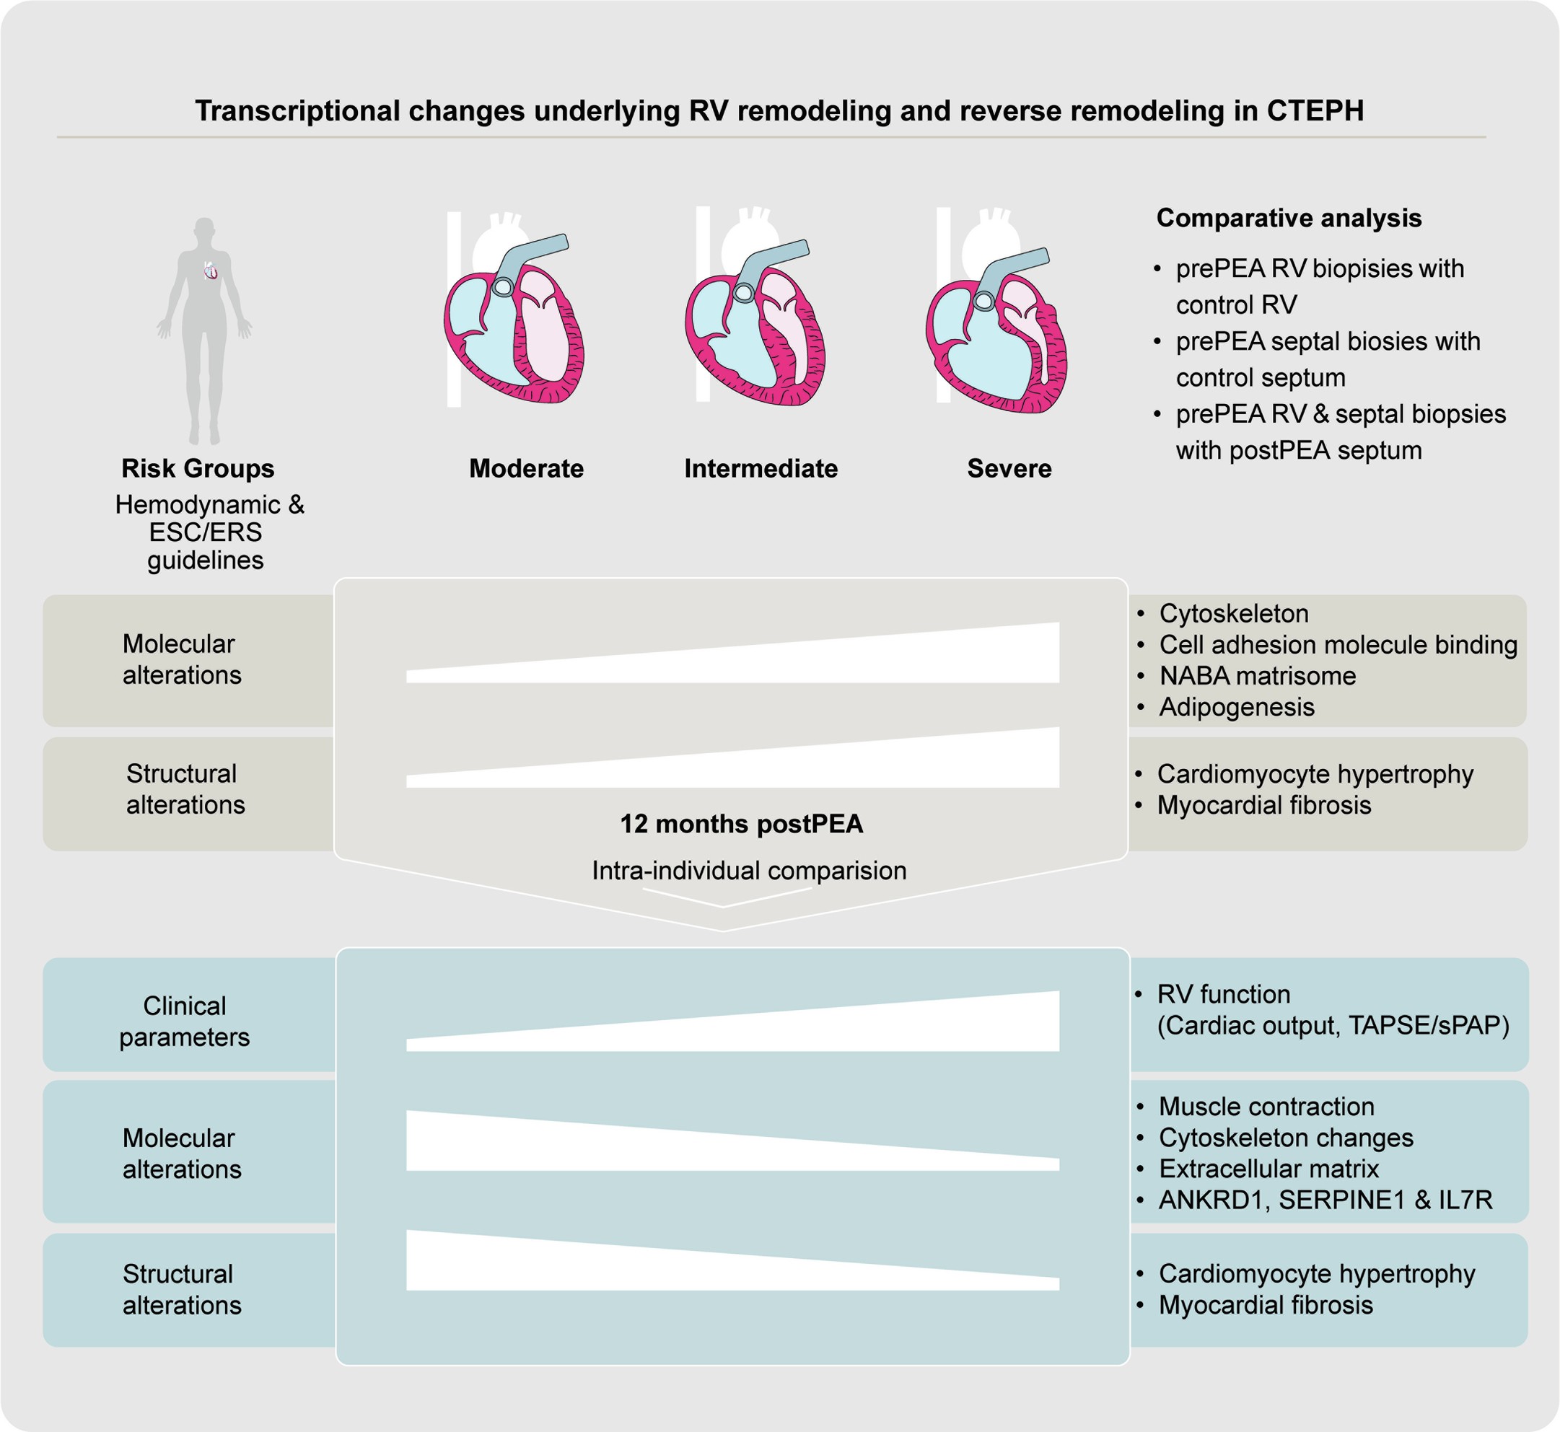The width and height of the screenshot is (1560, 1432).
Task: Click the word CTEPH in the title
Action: tap(1315, 111)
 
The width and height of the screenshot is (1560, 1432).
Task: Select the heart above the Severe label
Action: tap(996, 330)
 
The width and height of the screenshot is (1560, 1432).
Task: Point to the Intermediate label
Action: tap(761, 469)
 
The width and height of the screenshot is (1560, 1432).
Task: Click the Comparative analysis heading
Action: tap(1289, 219)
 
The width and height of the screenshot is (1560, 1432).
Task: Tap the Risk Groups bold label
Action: tap(198, 469)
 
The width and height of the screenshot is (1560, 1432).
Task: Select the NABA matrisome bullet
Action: tap(1257, 676)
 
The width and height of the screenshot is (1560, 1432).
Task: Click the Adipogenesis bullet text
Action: tap(1237, 707)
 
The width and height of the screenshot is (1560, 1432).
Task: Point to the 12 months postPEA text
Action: tap(741, 824)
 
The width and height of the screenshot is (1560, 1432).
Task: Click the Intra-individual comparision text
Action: tap(749, 870)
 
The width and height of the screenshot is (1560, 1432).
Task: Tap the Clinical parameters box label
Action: tap(185, 1022)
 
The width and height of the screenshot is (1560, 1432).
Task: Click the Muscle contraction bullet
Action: tap(1266, 1107)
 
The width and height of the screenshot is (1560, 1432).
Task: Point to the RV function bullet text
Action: tap(1223, 994)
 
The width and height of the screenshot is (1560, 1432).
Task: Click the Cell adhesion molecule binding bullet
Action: tap(1338, 645)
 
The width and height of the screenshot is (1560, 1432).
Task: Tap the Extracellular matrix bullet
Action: tap(1268, 1169)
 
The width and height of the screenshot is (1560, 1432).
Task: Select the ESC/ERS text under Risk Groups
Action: tap(206, 532)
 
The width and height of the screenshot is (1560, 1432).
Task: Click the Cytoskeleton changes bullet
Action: tap(1286, 1138)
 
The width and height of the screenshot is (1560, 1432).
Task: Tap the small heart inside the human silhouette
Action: tap(210, 271)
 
